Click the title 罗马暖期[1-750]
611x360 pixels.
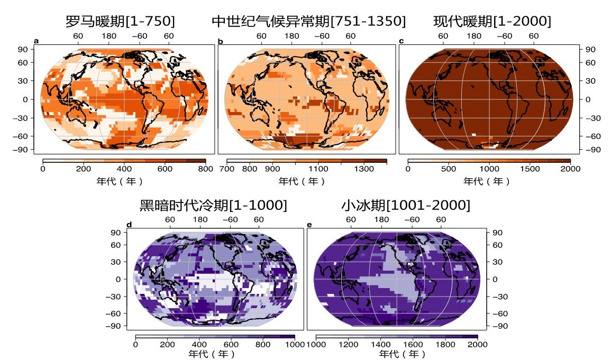point(120,21)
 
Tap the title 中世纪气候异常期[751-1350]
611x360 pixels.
point(309,21)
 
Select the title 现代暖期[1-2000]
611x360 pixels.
point(492,21)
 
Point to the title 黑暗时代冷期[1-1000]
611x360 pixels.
point(213,205)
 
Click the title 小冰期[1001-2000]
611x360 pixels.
point(406,205)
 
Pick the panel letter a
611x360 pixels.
point(36,41)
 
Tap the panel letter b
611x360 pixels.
point(220,41)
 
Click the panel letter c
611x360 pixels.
point(402,41)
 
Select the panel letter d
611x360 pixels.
point(129,225)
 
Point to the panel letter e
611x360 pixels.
point(309,225)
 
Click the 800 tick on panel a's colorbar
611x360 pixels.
point(205,169)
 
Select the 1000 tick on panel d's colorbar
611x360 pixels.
point(294,345)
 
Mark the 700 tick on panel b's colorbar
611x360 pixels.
point(226,169)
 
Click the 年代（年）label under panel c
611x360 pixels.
point(487,181)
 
